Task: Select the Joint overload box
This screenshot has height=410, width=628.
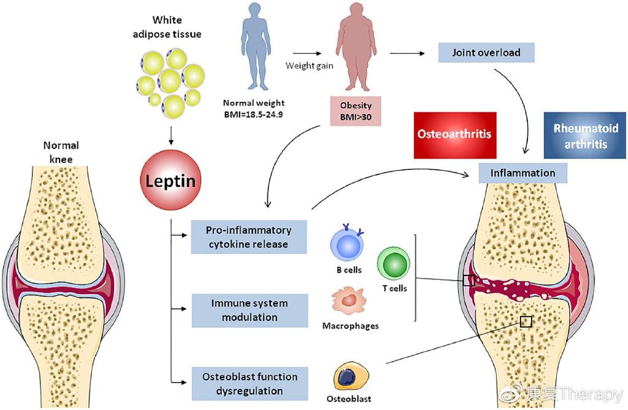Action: (486, 52)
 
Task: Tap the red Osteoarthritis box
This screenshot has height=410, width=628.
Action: (454, 133)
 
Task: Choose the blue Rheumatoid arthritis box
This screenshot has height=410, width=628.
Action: (586, 136)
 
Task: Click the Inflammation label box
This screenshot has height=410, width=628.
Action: (522, 173)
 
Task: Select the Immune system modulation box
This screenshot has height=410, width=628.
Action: (249, 310)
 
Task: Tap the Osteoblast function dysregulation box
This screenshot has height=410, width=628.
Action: (249, 383)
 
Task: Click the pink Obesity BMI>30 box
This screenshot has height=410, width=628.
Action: (356, 111)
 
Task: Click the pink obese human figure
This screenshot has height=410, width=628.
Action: (356, 52)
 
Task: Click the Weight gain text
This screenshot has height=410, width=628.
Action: (309, 65)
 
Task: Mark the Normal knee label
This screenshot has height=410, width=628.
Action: (61, 152)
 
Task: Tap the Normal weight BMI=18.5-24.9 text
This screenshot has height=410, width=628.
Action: (254, 109)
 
